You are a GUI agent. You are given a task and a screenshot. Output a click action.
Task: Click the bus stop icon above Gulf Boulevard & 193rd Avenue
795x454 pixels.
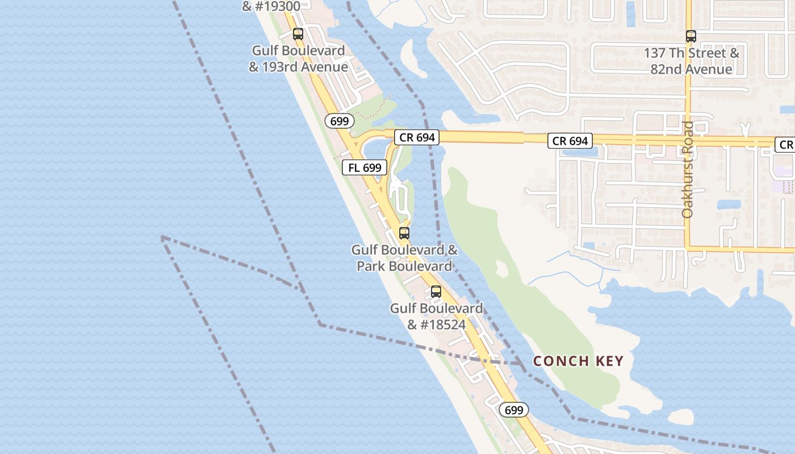point(298,33)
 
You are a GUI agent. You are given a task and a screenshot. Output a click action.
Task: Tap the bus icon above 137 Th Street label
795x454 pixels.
point(691,36)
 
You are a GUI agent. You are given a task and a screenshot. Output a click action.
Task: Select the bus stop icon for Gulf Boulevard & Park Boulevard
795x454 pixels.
point(404,233)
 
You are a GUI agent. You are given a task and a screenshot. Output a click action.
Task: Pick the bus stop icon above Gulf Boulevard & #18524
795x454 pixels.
point(436,292)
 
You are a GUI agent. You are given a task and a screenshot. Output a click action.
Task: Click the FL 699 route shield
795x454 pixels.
point(365,167)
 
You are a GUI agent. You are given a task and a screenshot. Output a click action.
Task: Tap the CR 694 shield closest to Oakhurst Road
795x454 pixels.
point(570,141)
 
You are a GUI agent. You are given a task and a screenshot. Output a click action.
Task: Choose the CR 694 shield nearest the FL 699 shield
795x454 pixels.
point(417,137)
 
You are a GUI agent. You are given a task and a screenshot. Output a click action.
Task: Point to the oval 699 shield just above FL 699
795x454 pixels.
point(340,120)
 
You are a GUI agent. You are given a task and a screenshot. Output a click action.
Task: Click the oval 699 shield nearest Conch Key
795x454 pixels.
point(513,410)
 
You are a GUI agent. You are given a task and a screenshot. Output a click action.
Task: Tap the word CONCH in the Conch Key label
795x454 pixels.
point(557,361)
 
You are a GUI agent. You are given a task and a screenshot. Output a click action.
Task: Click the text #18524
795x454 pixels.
point(437,325)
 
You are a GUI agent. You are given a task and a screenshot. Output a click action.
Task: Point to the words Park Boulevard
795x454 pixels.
point(404,266)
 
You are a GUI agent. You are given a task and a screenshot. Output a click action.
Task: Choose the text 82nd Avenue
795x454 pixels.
point(691,69)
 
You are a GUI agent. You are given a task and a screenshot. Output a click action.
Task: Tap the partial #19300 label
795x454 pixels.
point(271,6)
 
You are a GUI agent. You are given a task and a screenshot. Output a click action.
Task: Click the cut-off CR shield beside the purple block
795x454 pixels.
point(785,145)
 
